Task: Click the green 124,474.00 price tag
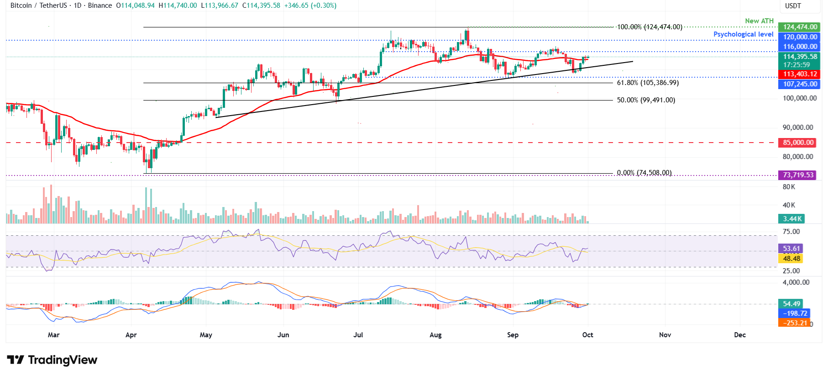800,27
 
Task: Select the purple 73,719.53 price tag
798,175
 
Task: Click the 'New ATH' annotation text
759,21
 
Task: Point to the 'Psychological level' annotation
743,34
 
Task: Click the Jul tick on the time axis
358,335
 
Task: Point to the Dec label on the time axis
740,335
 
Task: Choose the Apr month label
131,335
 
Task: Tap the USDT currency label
793,6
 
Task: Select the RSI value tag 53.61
791,249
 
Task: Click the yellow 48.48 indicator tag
791,259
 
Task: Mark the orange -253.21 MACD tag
795,323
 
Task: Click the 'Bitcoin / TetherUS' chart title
38,5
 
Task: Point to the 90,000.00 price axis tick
798,127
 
